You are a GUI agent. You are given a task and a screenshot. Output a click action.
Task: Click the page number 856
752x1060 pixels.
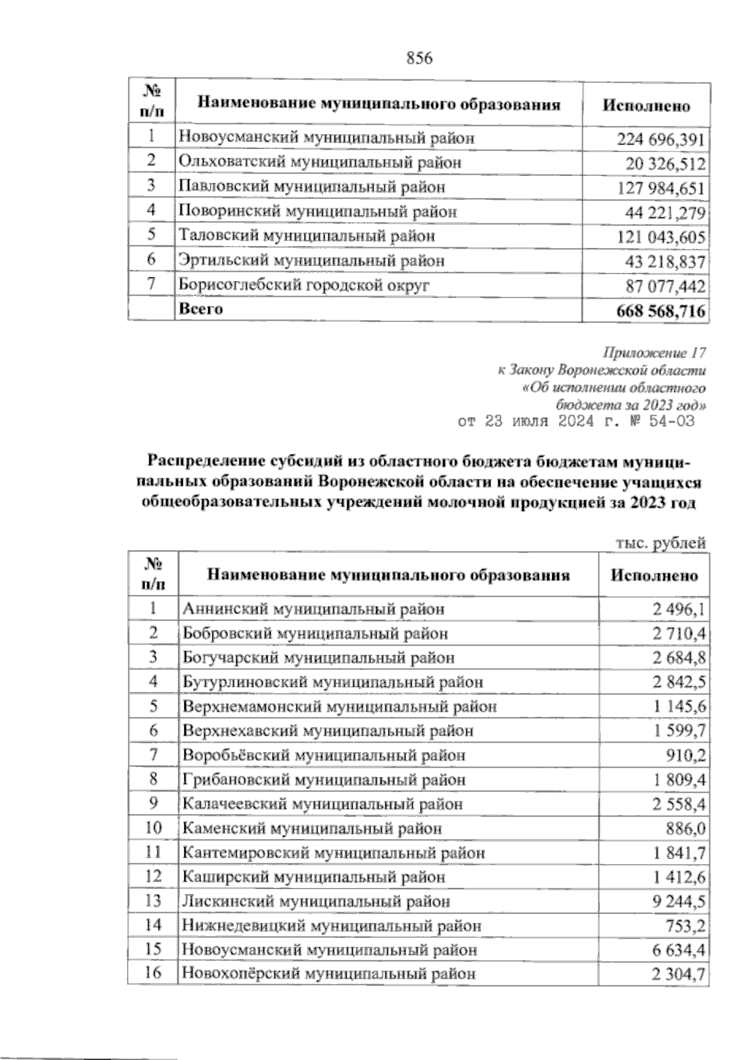pyautogui.click(x=420, y=59)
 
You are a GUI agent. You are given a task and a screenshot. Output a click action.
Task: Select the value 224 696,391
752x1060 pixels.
pyautogui.click(x=662, y=139)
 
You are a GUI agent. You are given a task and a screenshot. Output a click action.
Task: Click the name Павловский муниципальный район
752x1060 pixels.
pyautogui.click(x=311, y=187)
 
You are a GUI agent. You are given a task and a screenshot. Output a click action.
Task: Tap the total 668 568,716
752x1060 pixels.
pyautogui.click(x=661, y=311)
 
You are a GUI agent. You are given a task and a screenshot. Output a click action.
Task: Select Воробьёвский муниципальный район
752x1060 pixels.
pyautogui.click(x=323, y=756)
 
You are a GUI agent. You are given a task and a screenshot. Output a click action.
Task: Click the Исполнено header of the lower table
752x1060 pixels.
pyautogui.click(x=654, y=575)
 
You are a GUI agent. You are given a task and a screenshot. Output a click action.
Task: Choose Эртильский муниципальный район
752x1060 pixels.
pyautogui.click(x=311, y=260)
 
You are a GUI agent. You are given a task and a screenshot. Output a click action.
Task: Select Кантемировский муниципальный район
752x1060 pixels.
pyautogui.click(x=333, y=853)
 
